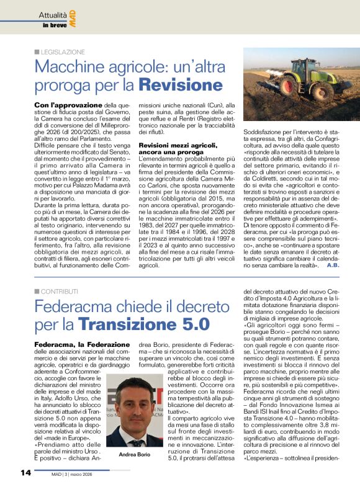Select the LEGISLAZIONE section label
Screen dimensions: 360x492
click(63, 52)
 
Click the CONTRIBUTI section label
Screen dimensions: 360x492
click(60, 290)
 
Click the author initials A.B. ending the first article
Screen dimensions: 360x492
click(332, 265)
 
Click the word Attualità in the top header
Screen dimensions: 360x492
click(53, 14)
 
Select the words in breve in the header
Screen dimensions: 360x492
click(53, 25)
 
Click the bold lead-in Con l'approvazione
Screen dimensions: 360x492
click(68, 106)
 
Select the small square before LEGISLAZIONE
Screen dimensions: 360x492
click(37, 52)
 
